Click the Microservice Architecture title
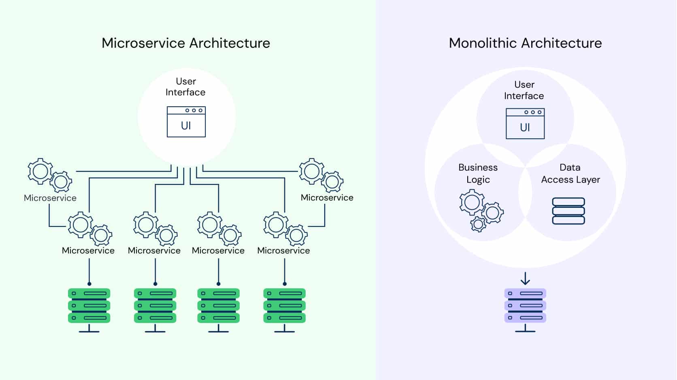[185, 43]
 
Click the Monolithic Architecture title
[525, 43]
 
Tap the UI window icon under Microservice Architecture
[186, 122]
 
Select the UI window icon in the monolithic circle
[525, 123]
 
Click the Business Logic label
[478, 173]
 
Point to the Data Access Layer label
[571, 173]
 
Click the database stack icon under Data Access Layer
[568, 211]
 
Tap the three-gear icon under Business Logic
[481, 210]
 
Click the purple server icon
[525, 310]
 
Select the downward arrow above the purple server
[525, 279]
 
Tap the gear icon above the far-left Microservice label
[50, 175]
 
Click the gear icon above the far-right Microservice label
[321, 175]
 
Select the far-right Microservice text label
[327, 197]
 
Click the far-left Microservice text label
[50, 198]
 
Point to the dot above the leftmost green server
[89, 284]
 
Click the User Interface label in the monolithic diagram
[524, 90]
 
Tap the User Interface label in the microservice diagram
[185, 87]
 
